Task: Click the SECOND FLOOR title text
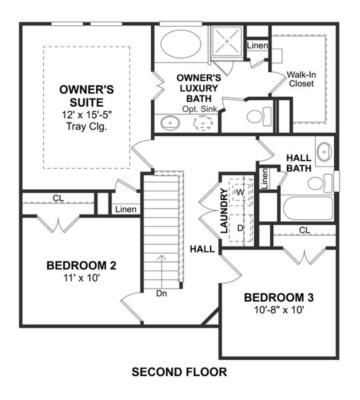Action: [179, 371]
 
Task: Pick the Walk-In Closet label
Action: [301, 79]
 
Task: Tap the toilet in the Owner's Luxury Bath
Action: [256, 117]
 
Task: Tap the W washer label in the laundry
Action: [241, 192]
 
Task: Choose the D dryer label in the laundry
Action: [241, 227]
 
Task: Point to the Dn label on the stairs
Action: [161, 292]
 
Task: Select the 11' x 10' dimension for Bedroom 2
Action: [81, 278]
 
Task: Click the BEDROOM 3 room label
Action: [279, 297]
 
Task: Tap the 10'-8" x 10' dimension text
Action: [279, 310]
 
